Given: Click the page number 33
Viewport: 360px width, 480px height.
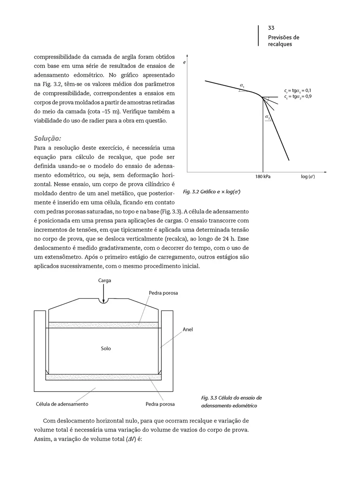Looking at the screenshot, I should coord(271,28).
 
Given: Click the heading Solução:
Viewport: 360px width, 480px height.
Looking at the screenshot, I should coord(47,138).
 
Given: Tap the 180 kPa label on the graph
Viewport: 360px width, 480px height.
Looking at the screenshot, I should coord(263,177).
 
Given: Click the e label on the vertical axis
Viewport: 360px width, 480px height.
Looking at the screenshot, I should coord(184,63).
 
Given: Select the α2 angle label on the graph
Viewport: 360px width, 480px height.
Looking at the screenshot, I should coord(267,117).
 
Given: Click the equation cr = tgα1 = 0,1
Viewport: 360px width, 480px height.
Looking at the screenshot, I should coord(297,91).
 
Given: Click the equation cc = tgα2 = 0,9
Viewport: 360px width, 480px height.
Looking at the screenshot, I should coord(297,97).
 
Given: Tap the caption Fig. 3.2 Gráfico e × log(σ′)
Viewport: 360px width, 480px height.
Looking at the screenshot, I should coord(212,191).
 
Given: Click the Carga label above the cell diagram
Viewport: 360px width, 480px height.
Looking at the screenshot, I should coord(104,280).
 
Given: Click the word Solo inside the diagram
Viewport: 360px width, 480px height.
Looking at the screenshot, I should coord(106,348).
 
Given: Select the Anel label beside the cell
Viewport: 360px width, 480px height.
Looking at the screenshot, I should coord(188,330).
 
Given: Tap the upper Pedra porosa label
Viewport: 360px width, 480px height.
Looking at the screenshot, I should coord(163,293).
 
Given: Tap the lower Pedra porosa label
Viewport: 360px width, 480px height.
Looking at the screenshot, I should coord(160,404).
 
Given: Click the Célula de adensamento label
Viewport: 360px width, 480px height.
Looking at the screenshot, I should coord(62,404).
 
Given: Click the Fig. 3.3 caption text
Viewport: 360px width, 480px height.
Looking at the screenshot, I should coord(231,402).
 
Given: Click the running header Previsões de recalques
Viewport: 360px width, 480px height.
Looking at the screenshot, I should coord(284,41).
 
